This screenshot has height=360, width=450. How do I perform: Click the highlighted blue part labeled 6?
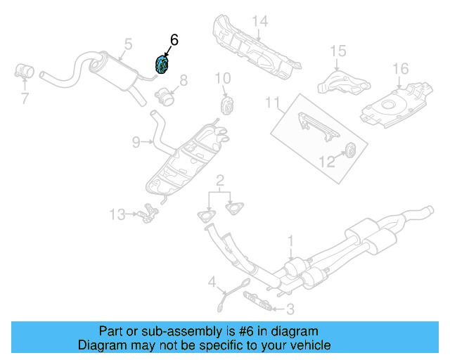pyautogui.click(x=162, y=64)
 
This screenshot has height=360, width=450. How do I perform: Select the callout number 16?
pyautogui.click(x=400, y=69)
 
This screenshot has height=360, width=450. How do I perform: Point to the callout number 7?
pyautogui.click(x=25, y=98)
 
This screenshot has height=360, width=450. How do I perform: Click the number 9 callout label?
pyautogui.click(x=136, y=142)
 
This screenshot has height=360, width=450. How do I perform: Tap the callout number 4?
pyautogui.click(x=212, y=283)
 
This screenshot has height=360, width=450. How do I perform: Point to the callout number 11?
pyautogui.click(x=273, y=103)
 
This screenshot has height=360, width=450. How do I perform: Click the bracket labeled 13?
pyautogui.click(x=147, y=211)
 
